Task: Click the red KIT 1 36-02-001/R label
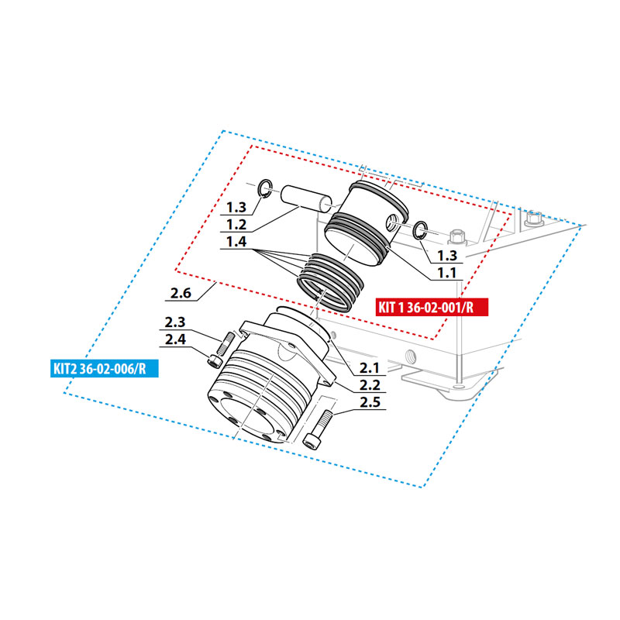tap(432, 307)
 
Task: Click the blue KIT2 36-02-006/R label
tap(105, 369)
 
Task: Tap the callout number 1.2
tap(236, 225)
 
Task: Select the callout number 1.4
tap(236, 242)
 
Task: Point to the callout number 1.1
tap(447, 273)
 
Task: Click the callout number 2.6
tap(181, 293)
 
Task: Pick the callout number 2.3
tap(175, 322)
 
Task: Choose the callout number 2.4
tap(175, 339)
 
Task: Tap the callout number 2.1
tap(370, 368)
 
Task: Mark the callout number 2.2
tap(370, 385)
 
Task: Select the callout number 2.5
tap(370, 402)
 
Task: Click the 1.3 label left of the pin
tap(236, 207)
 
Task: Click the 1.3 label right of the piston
tap(447, 256)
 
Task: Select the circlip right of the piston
tap(420, 230)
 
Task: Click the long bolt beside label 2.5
tap(318, 430)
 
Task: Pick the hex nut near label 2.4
tap(214, 361)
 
